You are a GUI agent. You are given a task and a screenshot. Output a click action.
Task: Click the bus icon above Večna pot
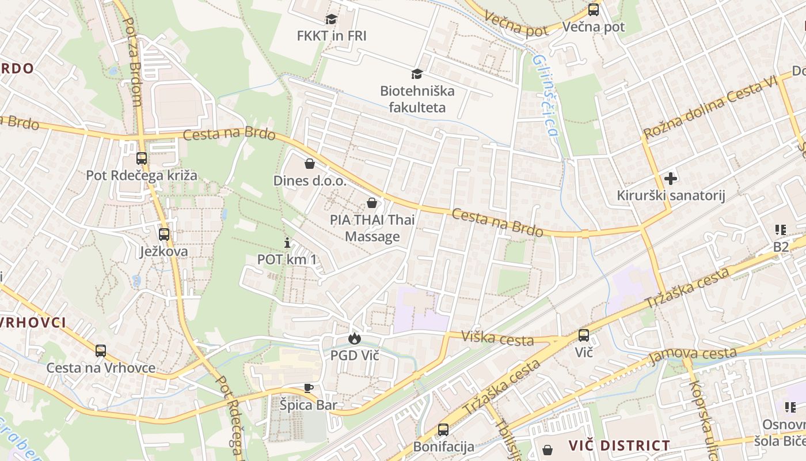593,10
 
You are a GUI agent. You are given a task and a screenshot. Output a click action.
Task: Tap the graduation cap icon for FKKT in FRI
331,19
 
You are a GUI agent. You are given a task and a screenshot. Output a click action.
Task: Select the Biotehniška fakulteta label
417,99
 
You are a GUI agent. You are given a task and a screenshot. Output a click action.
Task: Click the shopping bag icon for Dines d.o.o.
309,164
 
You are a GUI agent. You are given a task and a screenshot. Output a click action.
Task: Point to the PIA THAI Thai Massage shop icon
372,203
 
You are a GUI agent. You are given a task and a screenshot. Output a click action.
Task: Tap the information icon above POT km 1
287,243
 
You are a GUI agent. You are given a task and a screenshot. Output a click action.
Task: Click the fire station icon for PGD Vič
354,338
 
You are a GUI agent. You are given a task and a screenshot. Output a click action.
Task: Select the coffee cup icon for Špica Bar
308,388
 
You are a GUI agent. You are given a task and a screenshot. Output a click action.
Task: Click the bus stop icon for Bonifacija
443,429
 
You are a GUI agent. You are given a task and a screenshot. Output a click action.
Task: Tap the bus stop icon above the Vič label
583,335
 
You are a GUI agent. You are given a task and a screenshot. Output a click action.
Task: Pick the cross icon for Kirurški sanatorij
670,179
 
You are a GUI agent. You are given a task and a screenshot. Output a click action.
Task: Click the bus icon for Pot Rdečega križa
141,158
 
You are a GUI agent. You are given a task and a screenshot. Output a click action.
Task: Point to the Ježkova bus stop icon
164,235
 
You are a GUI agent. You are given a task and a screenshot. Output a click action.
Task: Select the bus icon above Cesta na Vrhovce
101,350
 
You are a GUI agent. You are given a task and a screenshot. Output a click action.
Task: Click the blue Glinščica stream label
545,95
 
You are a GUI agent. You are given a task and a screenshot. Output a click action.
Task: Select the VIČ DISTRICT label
619,445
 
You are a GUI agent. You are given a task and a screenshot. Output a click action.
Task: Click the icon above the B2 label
781,231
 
